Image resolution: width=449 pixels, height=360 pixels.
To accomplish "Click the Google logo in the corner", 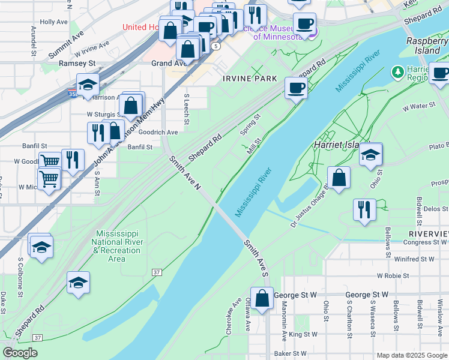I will coord(20,353).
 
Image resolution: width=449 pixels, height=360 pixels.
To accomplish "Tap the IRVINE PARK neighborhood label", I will coord(250,79).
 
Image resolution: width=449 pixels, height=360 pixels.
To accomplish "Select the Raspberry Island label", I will coord(427,46).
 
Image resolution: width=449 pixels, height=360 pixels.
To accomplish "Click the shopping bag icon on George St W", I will coord(262,298).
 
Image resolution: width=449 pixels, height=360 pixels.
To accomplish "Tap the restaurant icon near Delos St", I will coord(364,210).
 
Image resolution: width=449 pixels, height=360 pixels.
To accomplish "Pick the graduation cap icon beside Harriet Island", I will coord(371,154).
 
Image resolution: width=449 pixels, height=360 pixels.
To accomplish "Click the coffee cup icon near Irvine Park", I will coord(296,88).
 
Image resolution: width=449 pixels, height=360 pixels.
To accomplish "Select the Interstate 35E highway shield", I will coord(72,94).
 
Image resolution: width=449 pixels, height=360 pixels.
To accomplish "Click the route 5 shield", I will coord(215,46).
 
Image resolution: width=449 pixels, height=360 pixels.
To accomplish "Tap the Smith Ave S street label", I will coord(256,259).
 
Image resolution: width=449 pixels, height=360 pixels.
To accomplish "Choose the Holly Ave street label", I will coord(53,22).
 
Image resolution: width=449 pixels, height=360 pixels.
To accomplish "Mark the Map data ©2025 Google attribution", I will coord(411,355).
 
